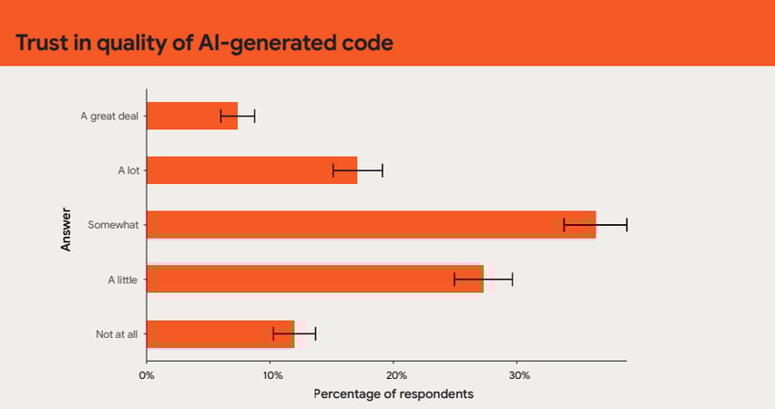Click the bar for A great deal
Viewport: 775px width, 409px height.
[x=192, y=116]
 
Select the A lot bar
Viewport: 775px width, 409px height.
[x=251, y=170]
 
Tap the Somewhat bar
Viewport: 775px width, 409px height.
[x=371, y=225]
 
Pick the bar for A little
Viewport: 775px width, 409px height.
[x=314, y=280]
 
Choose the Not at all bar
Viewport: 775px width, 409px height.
[x=219, y=334]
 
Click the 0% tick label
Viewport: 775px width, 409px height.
[x=146, y=374]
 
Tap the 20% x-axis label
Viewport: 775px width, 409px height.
[x=394, y=374]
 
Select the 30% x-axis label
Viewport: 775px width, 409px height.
[x=518, y=374]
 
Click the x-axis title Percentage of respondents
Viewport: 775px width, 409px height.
[x=393, y=394]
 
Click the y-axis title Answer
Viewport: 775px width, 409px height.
[x=66, y=225]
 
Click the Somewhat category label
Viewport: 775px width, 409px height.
[x=112, y=225]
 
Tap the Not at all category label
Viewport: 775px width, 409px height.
[x=117, y=334]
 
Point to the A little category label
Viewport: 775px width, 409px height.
[x=122, y=280]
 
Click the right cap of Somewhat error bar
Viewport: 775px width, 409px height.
[x=627, y=225]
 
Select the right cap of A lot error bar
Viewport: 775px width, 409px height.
[x=382, y=170]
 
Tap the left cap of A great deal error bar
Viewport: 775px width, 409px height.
[x=220, y=116]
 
